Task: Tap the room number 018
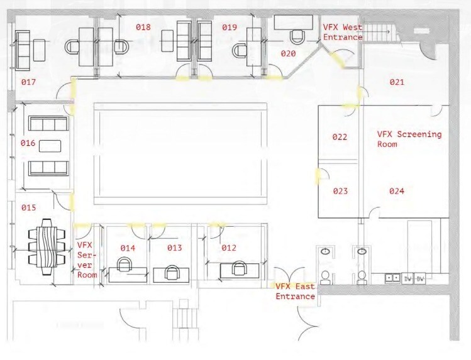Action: point(143,28)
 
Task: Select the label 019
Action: point(229,28)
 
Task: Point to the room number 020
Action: point(288,54)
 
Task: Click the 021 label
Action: point(396,82)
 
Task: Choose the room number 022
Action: point(340,137)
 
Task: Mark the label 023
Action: point(340,191)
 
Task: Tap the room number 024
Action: point(396,191)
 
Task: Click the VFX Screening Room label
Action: point(409,139)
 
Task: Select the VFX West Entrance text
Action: point(342,32)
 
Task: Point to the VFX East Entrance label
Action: point(295,292)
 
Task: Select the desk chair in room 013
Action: point(171,271)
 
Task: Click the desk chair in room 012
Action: point(238,268)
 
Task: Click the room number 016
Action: point(28,143)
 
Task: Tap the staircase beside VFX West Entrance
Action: point(378,31)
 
